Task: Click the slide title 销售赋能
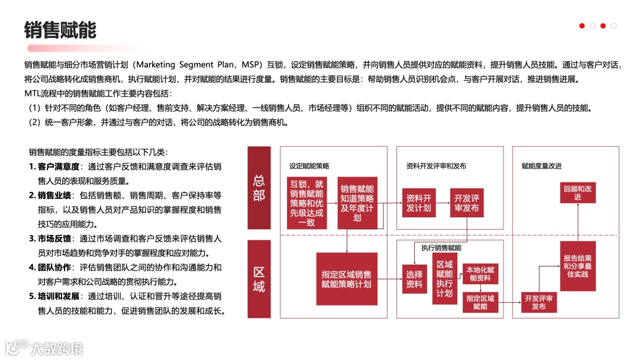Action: click(x=60, y=30)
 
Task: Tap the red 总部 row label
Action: click(x=259, y=188)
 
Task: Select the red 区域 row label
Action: click(x=259, y=279)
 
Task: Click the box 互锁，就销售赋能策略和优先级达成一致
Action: click(x=306, y=202)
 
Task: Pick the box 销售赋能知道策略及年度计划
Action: click(x=357, y=202)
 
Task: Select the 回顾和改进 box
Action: click(x=577, y=192)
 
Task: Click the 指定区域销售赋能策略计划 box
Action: click(x=346, y=279)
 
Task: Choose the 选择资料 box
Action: click(x=414, y=279)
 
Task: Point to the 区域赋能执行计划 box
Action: click(x=444, y=279)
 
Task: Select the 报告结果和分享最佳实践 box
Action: click(x=577, y=266)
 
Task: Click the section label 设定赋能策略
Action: click(x=309, y=166)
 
